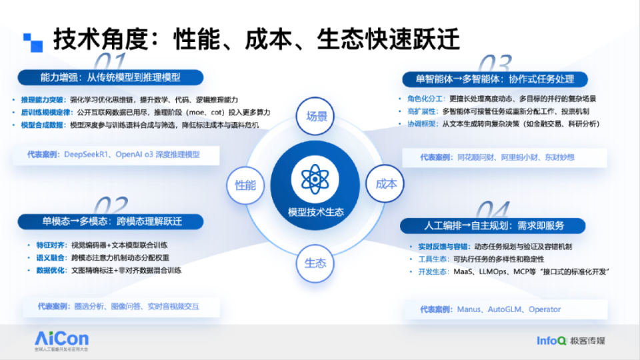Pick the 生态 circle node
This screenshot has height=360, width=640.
[x=315, y=262]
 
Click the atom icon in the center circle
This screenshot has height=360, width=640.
[x=315, y=179]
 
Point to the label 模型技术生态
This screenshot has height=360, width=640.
[x=316, y=212]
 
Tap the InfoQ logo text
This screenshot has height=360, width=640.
[x=551, y=341]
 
